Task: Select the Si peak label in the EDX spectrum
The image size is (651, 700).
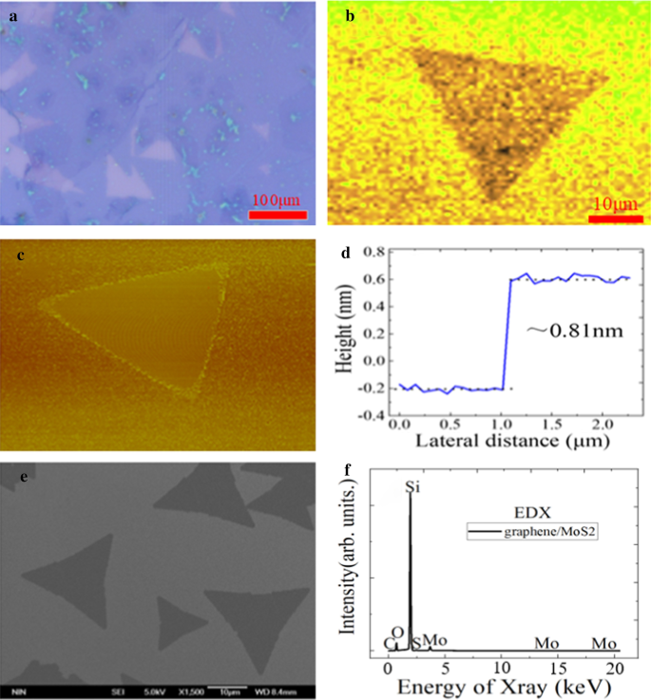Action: pyautogui.click(x=412, y=487)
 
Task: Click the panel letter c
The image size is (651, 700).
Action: pyautogui.click(x=20, y=254)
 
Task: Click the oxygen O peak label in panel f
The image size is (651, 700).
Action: pyautogui.click(x=398, y=633)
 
